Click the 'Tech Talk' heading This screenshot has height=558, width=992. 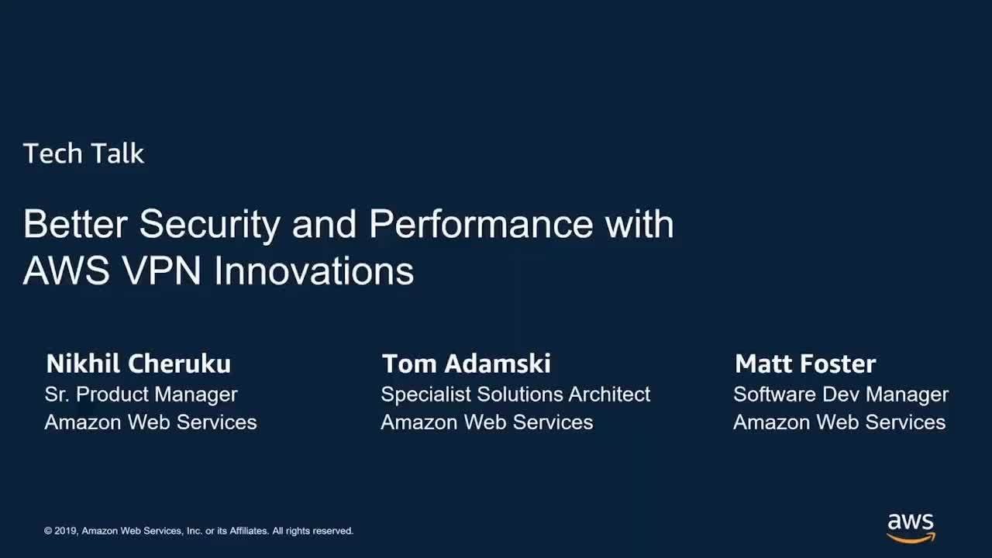click(83, 153)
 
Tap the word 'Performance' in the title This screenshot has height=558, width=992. click(480, 224)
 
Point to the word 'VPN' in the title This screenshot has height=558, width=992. click(161, 270)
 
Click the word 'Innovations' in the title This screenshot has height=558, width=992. click(314, 270)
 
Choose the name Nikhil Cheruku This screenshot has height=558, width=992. click(139, 364)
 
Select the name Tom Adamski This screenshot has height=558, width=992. click(467, 364)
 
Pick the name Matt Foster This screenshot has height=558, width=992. click(805, 364)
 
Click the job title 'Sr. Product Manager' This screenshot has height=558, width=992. click(141, 394)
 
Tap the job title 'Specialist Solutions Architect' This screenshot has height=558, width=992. click(515, 394)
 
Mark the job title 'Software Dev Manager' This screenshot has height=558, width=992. click(841, 394)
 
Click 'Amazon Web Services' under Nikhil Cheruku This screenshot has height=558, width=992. click(150, 422)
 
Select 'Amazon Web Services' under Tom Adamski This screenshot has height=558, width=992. click(487, 422)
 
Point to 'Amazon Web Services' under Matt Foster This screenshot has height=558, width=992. click(839, 422)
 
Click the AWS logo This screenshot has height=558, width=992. click(911, 529)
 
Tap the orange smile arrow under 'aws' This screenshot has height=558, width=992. click(911, 539)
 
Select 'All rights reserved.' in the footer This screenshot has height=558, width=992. click(312, 531)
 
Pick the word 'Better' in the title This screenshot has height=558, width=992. click(75, 224)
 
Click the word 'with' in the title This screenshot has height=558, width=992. click(639, 224)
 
